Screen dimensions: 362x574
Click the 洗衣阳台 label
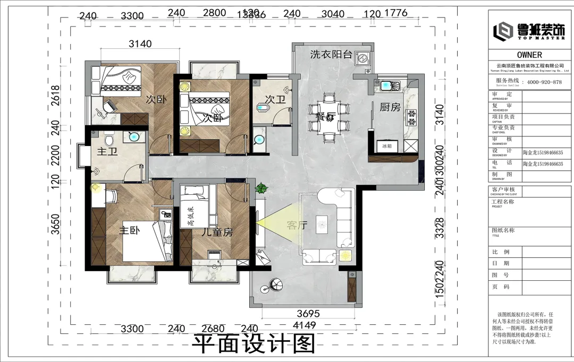click(x=331, y=54)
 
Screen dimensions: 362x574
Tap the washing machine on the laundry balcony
click(x=364, y=57)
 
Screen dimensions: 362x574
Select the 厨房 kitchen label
click(x=390, y=107)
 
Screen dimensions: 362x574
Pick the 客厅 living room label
click(x=297, y=225)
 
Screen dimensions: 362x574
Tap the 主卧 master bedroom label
click(x=129, y=231)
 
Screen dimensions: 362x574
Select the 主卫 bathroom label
click(x=107, y=152)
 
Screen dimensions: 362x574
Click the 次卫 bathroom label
click(x=276, y=100)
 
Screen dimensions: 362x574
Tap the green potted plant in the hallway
click(x=261, y=188)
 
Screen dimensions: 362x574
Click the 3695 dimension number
click(x=307, y=314)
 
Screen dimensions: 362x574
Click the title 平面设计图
click(x=254, y=344)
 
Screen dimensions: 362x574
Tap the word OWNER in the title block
click(x=529, y=55)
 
